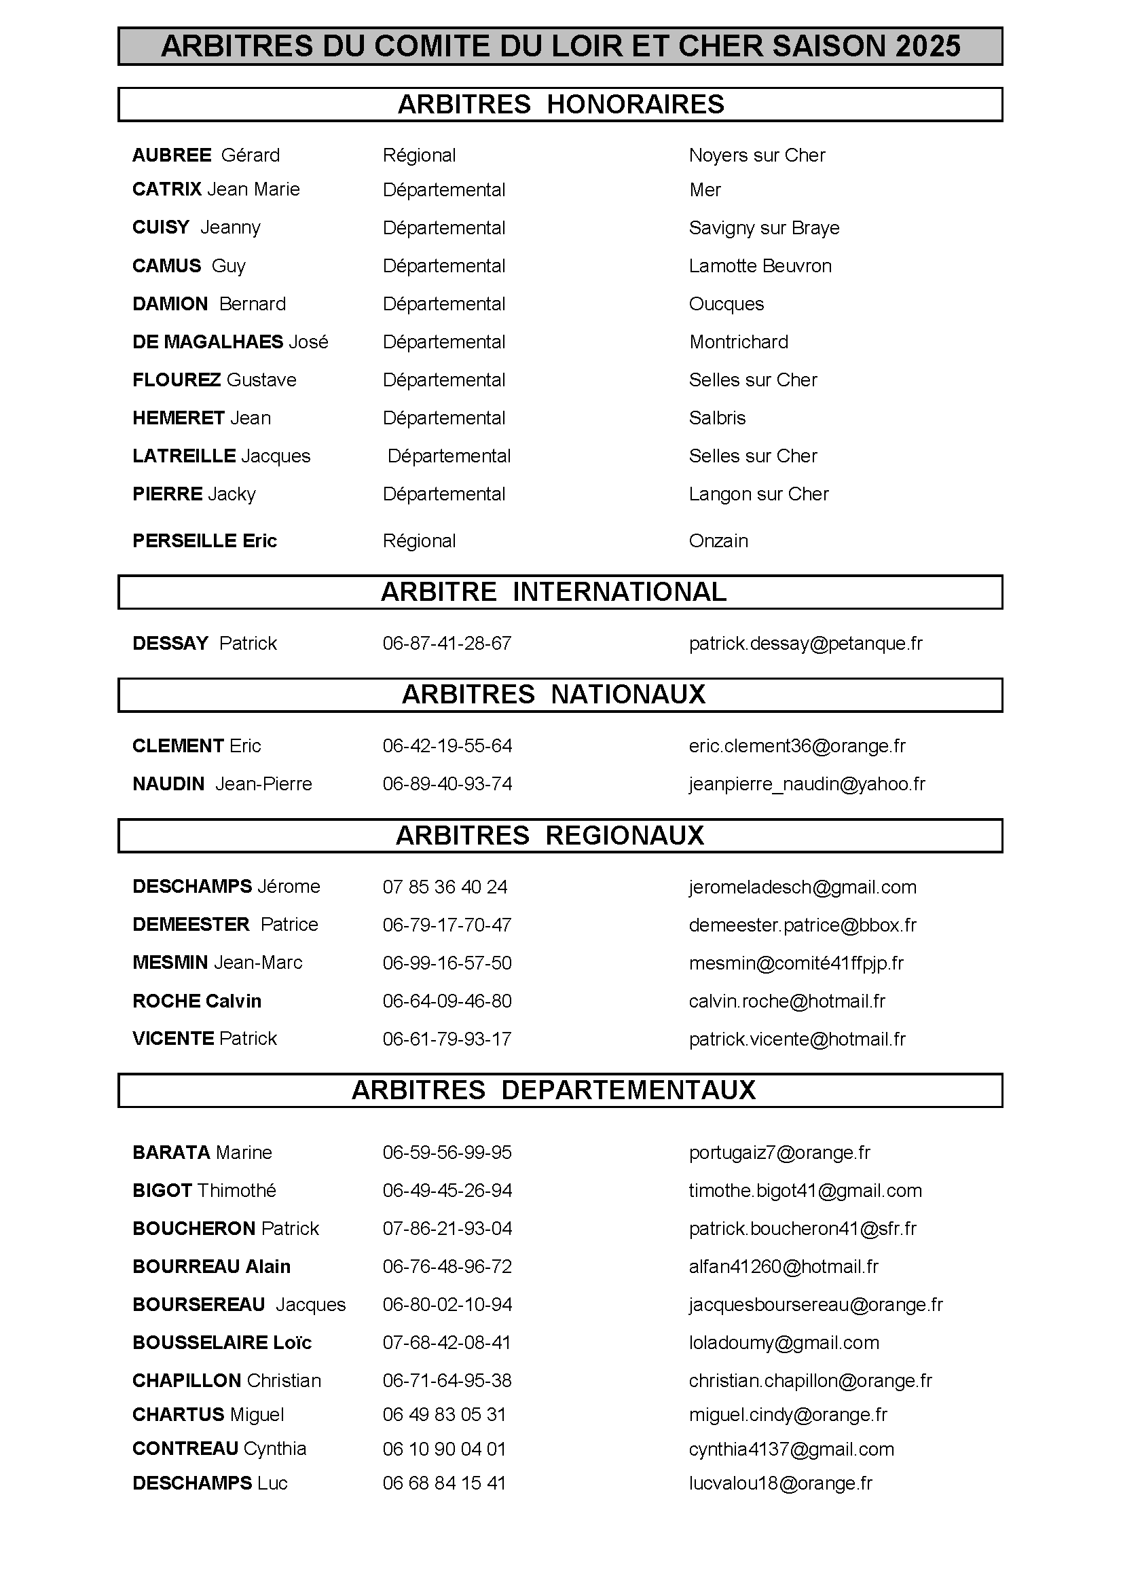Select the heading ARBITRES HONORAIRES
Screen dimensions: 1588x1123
coord(561,105)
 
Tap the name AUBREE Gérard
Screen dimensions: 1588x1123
coord(206,155)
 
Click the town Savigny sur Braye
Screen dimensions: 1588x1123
coord(764,227)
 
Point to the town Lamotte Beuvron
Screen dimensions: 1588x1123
coord(760,265)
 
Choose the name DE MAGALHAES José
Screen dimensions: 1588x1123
coord(230,341)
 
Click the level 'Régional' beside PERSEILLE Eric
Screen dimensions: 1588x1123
coord(419,541)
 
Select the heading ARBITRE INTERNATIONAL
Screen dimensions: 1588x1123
coord(553,592)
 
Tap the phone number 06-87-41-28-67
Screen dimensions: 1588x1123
coord(447,643)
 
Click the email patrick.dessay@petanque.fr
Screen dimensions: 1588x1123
coord(806,643)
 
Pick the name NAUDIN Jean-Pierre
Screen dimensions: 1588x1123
coord(222,783)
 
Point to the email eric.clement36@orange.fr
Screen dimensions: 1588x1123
coord(797,745)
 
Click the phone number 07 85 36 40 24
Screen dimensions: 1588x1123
coord(445,887)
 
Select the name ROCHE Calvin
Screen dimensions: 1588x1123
coord(197,1001)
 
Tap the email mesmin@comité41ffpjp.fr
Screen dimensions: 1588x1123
coord(796,963)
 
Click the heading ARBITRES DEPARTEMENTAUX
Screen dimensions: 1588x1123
coord(553,1091)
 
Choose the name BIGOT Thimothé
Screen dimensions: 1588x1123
coord(204,1190)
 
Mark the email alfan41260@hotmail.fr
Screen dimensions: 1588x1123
coord(784,1266)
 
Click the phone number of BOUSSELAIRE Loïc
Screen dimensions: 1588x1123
coord(447,1342)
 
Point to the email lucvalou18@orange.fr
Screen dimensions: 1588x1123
coord(781,1483)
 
